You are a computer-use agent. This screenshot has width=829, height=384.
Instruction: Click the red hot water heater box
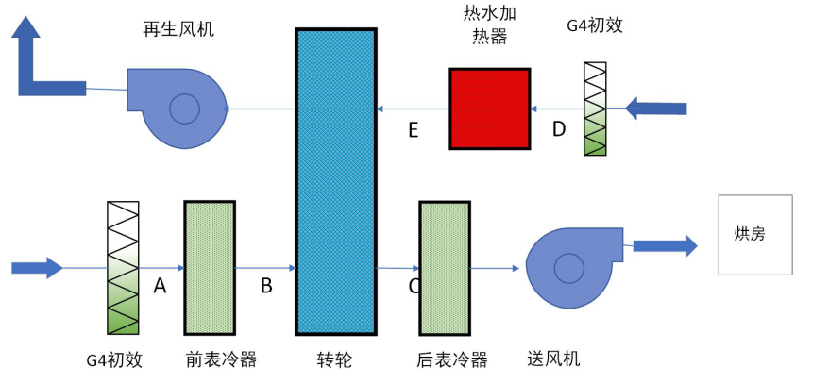coord(489,109)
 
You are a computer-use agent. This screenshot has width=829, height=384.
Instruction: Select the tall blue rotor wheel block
coord(335,181)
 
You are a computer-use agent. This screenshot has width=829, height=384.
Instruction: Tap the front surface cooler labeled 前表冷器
coord(209,268)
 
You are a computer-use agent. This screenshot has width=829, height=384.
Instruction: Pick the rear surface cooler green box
coord(444,268)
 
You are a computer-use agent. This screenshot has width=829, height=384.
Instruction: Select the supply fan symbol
coord(571,268)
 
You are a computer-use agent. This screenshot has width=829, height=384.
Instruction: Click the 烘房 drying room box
coord(754,235)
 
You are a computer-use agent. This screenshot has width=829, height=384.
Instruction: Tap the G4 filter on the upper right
coord(595,109)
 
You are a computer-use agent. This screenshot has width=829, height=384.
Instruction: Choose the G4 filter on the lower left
coord(123,268)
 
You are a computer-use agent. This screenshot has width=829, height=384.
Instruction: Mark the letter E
coord(413,130)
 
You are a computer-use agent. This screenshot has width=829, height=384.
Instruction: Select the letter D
coord(558,129)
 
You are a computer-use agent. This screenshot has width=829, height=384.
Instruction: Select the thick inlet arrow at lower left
coord(37,268)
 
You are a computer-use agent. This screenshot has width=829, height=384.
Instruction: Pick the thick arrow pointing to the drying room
coord(664,246)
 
